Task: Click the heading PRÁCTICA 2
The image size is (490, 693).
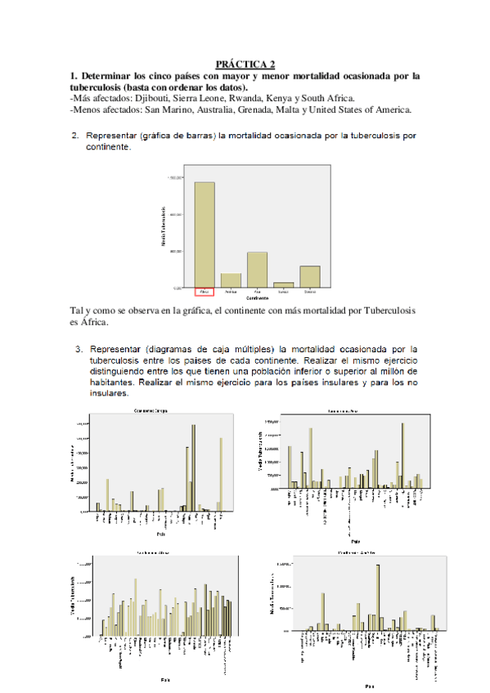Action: (245, 64)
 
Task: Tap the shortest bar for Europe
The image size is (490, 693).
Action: (283, 284)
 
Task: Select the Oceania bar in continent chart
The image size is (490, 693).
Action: (309, 276)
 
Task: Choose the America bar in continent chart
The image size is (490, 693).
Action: (231, 279)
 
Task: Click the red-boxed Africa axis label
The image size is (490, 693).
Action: (205, 292)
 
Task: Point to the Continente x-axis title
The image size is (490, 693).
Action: (257, 299)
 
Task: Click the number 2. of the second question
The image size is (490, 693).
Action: (75, 136)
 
